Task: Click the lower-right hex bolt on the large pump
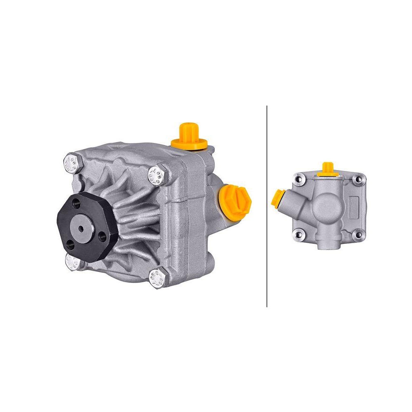click(158, 279)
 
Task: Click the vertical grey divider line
click(267, 206)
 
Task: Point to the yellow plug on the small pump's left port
click(278, 198)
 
